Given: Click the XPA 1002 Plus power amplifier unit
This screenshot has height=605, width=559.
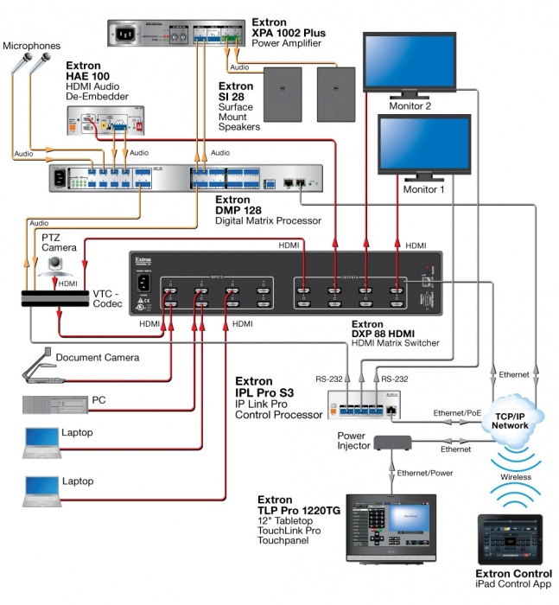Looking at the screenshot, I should (x=173, y=35).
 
